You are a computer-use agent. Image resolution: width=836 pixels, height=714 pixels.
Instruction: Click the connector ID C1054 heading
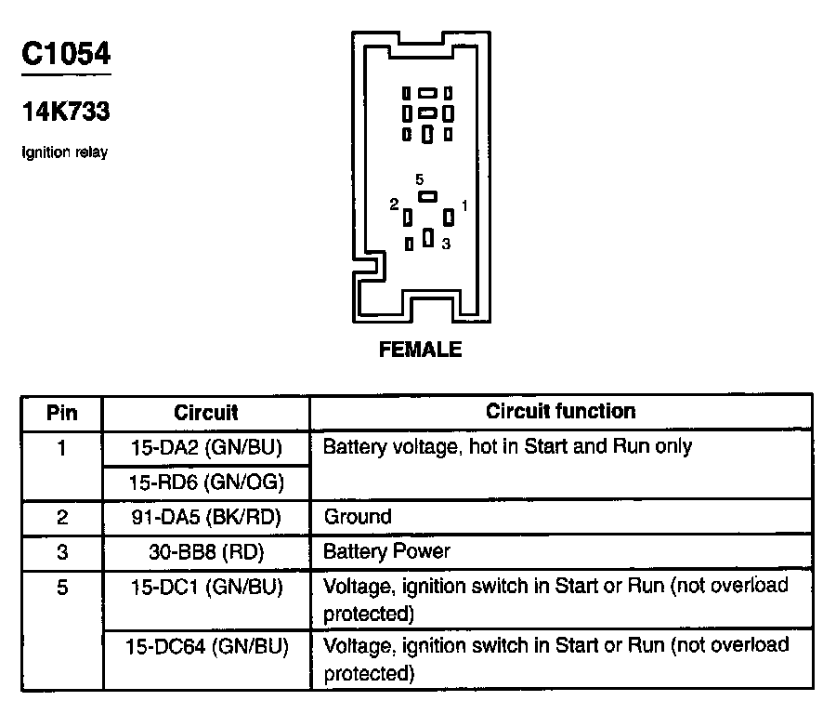point(66,53)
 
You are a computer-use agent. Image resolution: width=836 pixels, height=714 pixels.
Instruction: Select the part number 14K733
point(66,112)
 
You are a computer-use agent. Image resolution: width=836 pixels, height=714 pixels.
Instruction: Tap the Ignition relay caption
point(64,152)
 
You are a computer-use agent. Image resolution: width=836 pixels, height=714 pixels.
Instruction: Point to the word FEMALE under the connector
point(421,350)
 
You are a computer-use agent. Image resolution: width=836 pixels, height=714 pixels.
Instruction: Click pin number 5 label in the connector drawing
point(420,178)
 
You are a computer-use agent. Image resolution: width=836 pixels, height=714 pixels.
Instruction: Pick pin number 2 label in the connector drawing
point(395,204)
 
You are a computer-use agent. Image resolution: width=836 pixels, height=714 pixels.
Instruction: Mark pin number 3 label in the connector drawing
point(446,244)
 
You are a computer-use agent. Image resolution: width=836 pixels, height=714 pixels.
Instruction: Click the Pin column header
point(62,412)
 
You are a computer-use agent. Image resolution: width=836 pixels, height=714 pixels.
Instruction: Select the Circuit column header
point(206,412)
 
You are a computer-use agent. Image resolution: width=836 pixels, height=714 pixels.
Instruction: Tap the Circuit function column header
point(561,411)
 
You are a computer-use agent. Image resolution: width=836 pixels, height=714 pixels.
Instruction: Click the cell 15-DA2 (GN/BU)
point(206,447)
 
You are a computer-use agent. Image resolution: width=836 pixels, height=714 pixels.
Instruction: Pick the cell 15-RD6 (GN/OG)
point(206,482)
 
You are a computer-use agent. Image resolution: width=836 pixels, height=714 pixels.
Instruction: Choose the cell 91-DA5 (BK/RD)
point(206,517)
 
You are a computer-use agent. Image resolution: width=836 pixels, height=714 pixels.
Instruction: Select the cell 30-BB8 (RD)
point(206,551)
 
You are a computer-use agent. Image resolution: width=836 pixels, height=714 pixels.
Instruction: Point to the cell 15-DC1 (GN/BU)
point(206,587)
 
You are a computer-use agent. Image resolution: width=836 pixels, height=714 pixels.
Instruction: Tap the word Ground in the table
point(358,517)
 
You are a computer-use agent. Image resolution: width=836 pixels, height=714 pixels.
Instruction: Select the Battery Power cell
point(386,551)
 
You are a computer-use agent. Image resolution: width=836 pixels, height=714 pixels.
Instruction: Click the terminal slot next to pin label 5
point(427,196)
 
